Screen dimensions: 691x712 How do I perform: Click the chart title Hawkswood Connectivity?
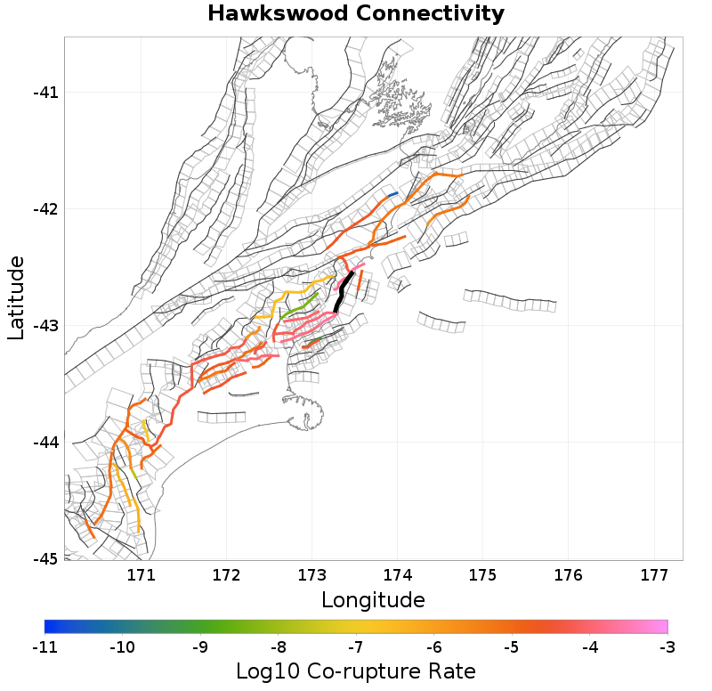356,14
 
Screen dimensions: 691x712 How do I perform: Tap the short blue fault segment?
392,193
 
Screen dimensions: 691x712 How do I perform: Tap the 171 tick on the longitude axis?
142,575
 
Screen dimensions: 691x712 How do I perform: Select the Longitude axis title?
373,599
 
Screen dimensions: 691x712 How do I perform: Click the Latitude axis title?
16,297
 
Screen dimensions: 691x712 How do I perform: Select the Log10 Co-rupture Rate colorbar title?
356,671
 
